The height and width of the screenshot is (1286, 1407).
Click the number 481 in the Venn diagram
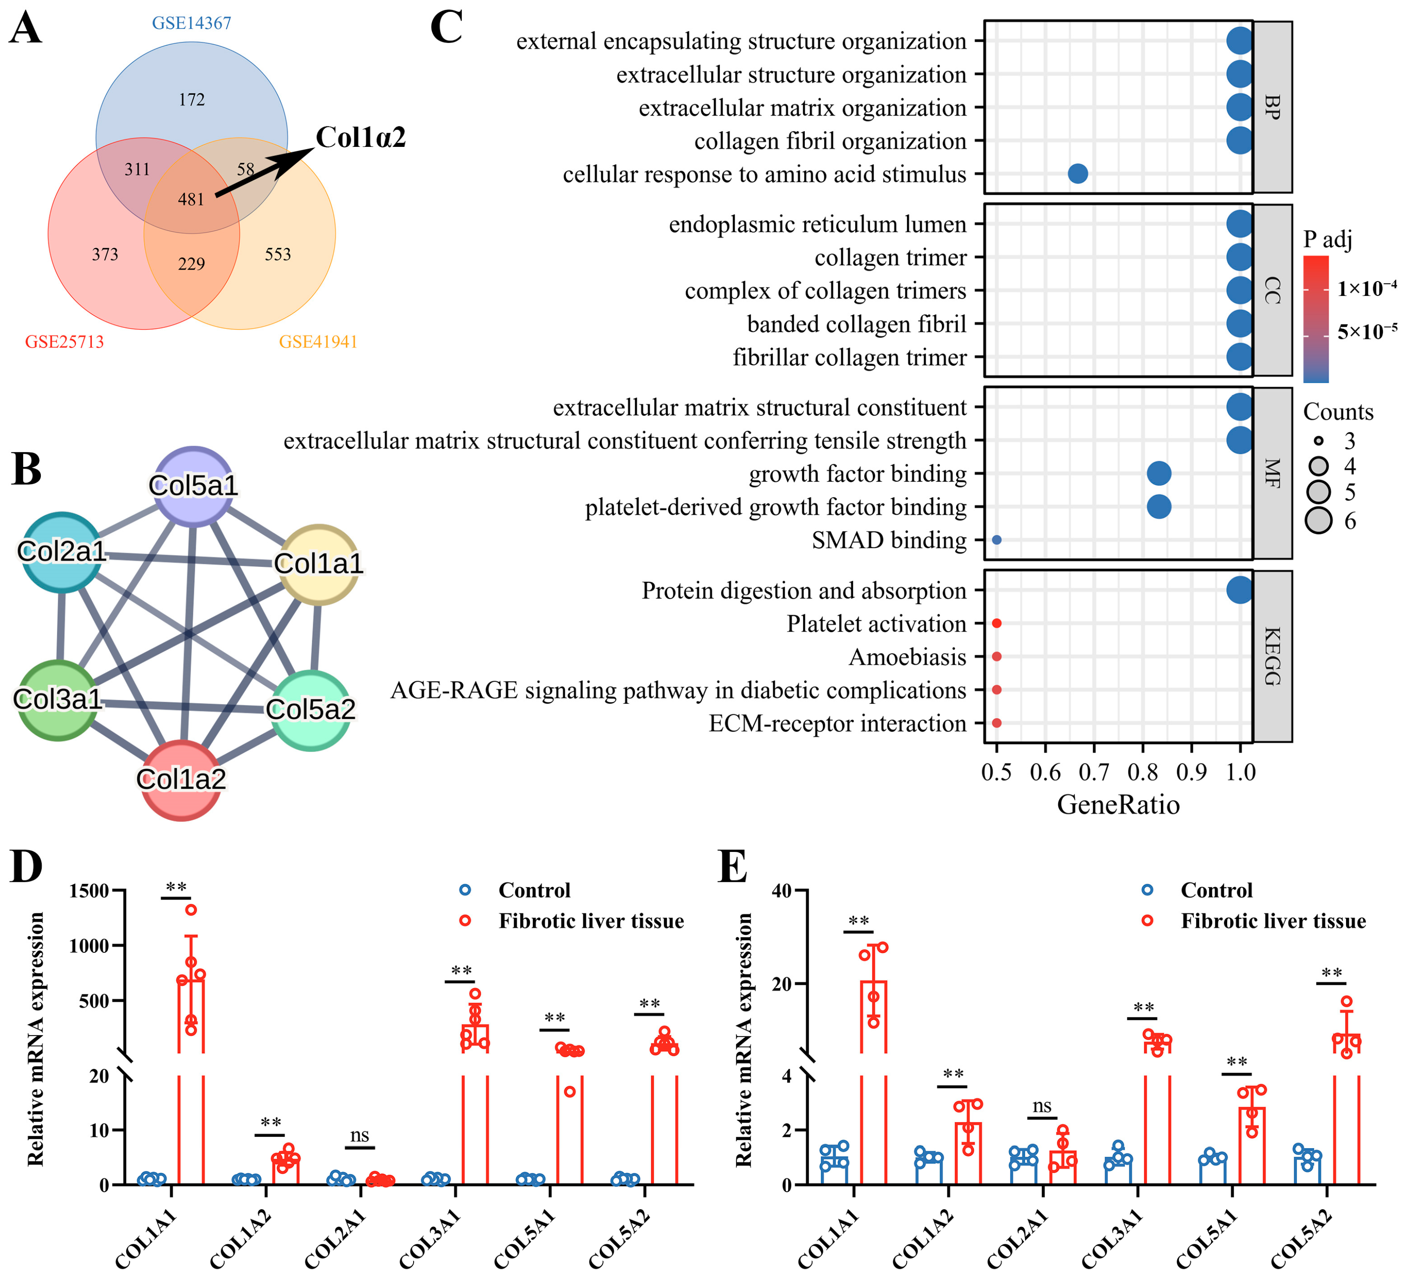(x=190, y=199)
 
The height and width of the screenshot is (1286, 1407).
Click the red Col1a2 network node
(x=182, y=780)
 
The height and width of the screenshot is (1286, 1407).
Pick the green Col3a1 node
(x=58, y=699)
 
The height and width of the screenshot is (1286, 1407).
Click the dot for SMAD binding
(x=996, y=540)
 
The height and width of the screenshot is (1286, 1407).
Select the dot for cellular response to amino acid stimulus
(x=1078, y=174)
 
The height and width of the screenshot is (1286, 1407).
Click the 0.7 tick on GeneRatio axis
(x=1094, y=773)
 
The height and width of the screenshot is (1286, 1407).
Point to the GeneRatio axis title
(x=1118, y=805)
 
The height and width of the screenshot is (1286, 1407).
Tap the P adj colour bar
(x=1316, y=319)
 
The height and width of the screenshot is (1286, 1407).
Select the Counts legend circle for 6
(x=1319, y=520)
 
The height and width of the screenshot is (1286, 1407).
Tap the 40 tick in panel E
(x=782, y=891)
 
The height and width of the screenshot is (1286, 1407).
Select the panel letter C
(x=446, y=28)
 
